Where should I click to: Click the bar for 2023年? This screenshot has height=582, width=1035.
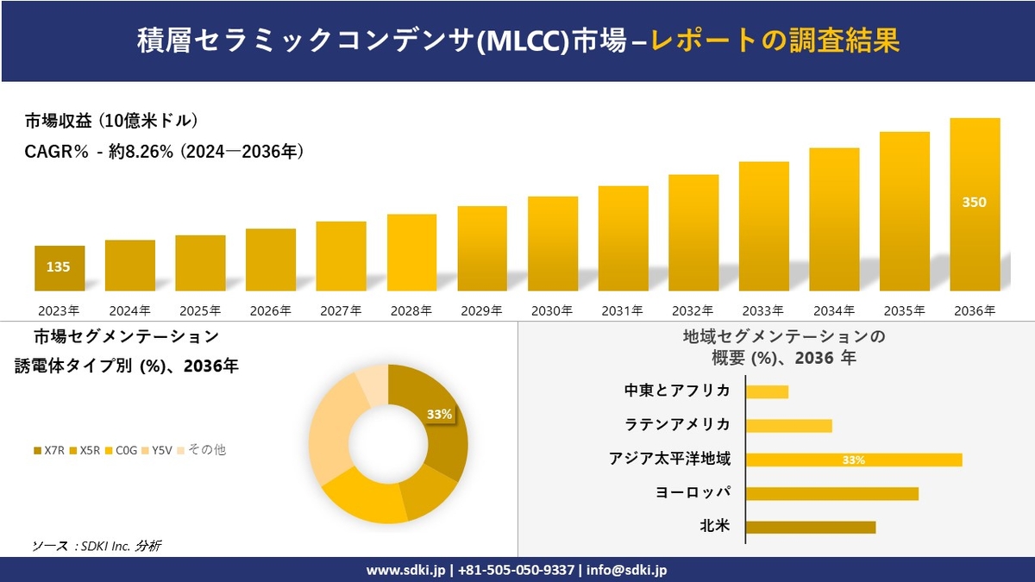59,268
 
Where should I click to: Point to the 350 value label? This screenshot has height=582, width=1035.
975,203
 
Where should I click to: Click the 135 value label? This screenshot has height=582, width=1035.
59,267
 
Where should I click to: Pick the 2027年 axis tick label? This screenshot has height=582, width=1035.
341,310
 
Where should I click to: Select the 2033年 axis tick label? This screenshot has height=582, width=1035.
763,310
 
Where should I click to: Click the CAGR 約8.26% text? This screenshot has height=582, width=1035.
164,153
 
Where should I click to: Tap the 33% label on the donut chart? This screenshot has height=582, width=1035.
439,414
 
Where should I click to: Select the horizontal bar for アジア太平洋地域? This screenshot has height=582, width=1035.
853,460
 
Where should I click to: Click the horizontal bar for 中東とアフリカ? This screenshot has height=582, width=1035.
767,391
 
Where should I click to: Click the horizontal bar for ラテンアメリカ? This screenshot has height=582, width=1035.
788,425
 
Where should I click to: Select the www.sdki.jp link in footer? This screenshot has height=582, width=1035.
405,570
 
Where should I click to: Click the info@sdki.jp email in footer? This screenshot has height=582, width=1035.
627,570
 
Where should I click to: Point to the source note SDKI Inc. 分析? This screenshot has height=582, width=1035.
97,545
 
